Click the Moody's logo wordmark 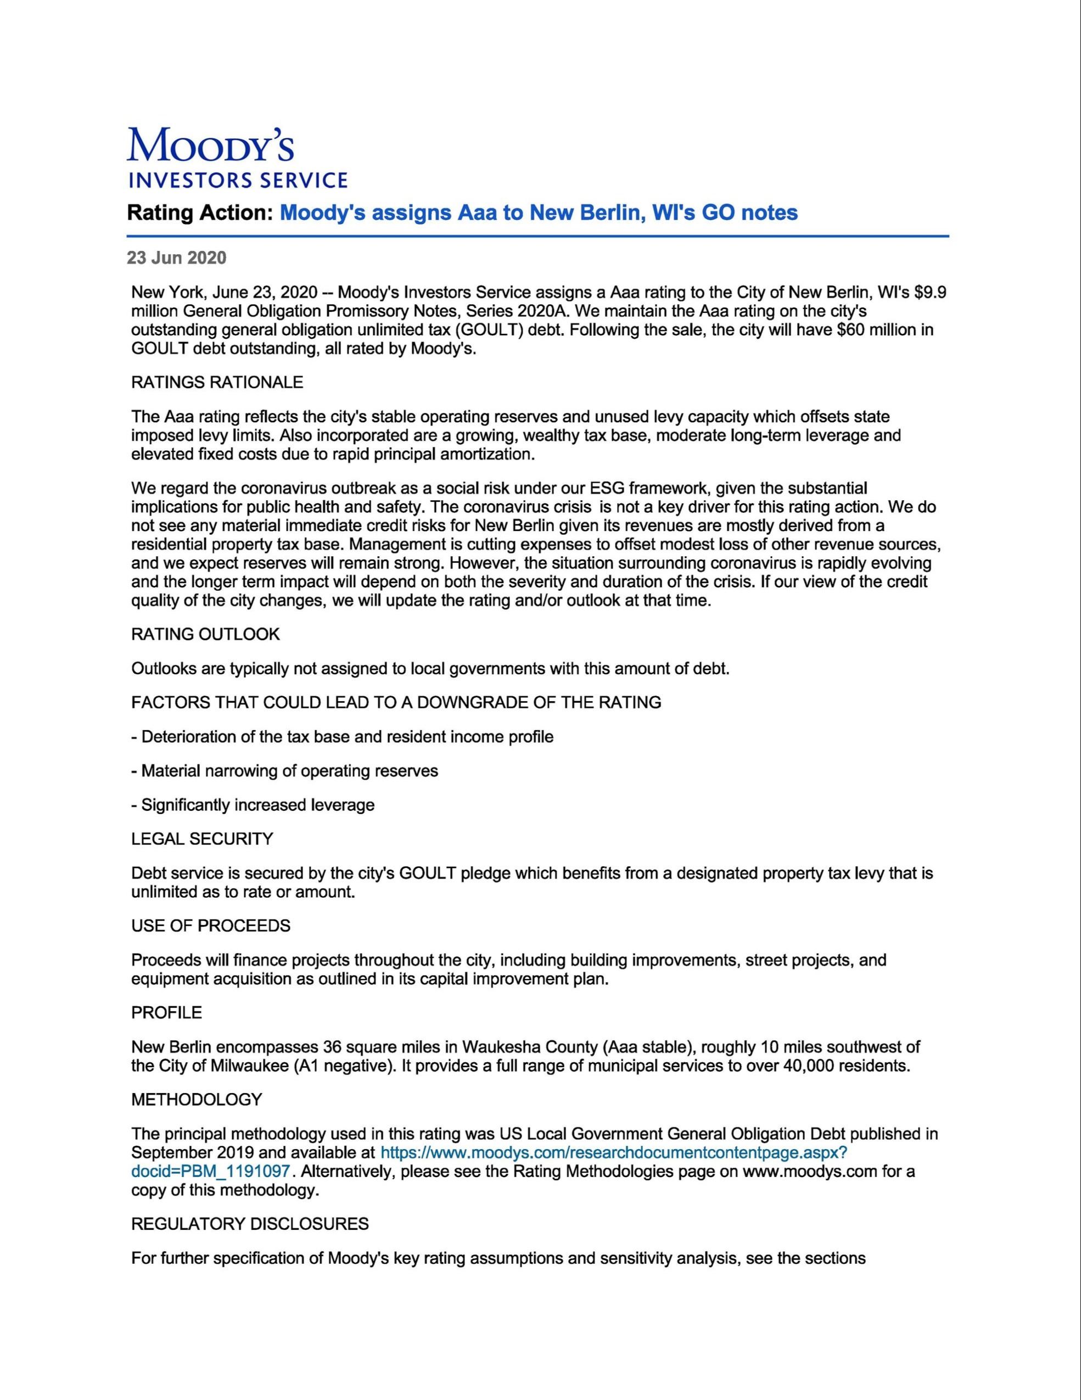point(210,145)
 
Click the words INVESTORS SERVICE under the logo point(238,181)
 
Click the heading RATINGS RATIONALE point(217,383)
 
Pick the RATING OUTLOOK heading point(205,635)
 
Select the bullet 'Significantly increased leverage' point(253,804)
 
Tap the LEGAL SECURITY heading point(202,839)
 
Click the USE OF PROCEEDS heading point(210,926)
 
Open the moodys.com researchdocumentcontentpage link point(614,1152)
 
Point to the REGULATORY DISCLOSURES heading point(249,1224)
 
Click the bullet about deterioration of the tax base point(343,737)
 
